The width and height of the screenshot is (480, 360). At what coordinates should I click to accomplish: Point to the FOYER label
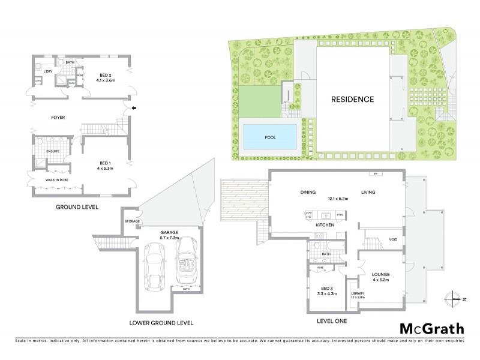point(58,118)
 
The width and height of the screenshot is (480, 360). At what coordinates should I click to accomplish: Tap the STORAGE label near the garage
point(133,221)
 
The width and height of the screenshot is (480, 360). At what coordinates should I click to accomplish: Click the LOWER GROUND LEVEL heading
point(162,323)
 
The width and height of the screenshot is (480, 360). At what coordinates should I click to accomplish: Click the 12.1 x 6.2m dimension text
point(340,198)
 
